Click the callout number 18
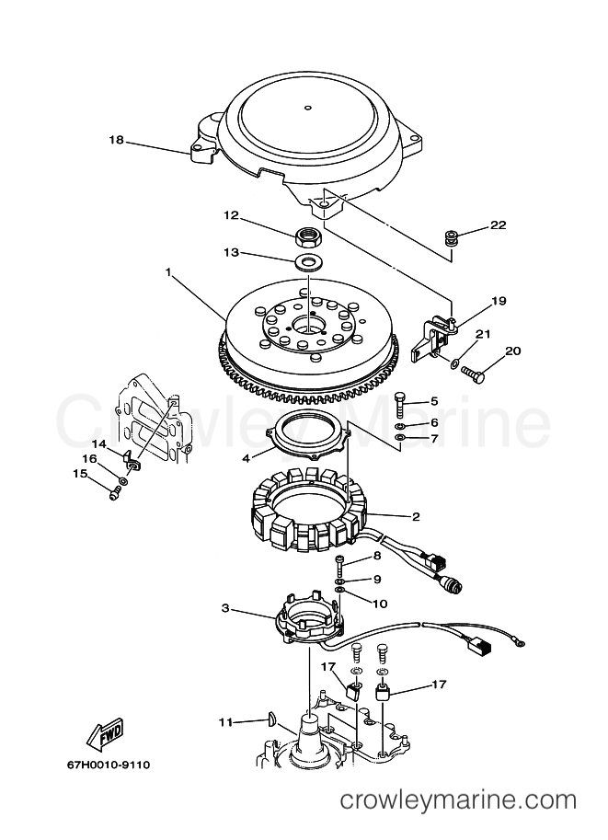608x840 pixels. (x=116, y=141)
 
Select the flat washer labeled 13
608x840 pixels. (x=307, y=263)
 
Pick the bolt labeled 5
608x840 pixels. (x=402, y=404)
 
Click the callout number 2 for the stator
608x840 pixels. (x=416, y=516)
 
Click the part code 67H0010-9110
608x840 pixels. (x=109, y=765)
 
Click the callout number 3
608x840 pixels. (x=225, y=608)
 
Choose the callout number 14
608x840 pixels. (x=98, y=443)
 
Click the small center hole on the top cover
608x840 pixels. (x=307, y=108)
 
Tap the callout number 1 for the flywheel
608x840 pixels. (x=168, y=272)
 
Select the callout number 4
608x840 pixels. (x=247, y=458)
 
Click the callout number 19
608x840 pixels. (x=499, y=301)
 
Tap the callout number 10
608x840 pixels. (x=380, y=604)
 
